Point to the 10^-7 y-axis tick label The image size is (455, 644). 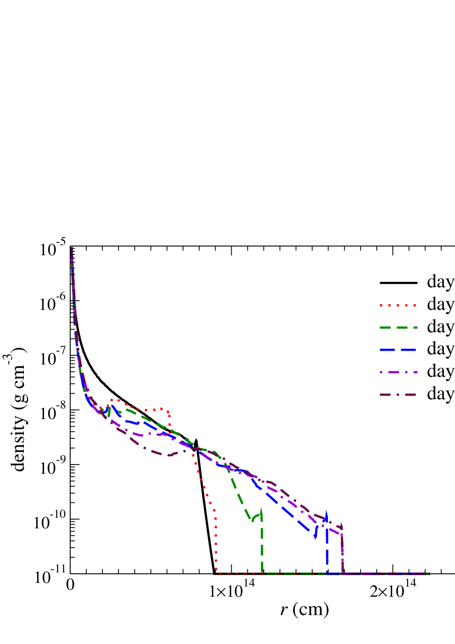(53, 358)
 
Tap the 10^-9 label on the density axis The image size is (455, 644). (53, 467)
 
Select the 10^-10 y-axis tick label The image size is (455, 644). (50, 522)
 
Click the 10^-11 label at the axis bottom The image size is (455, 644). (50, 576)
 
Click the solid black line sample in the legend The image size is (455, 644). (398, 283)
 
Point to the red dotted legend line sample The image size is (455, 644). (398, 305)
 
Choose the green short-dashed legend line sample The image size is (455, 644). (398, 327)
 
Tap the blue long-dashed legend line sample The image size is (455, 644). (398, 350)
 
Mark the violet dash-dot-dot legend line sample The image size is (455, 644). (398, 372)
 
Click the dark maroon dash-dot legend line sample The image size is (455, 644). (398, 394)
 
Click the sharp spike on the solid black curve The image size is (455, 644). (196, 440)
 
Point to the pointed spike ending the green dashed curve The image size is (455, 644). (261, 508)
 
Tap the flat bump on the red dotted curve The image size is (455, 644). (157, 409)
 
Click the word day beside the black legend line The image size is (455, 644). (441, 282)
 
